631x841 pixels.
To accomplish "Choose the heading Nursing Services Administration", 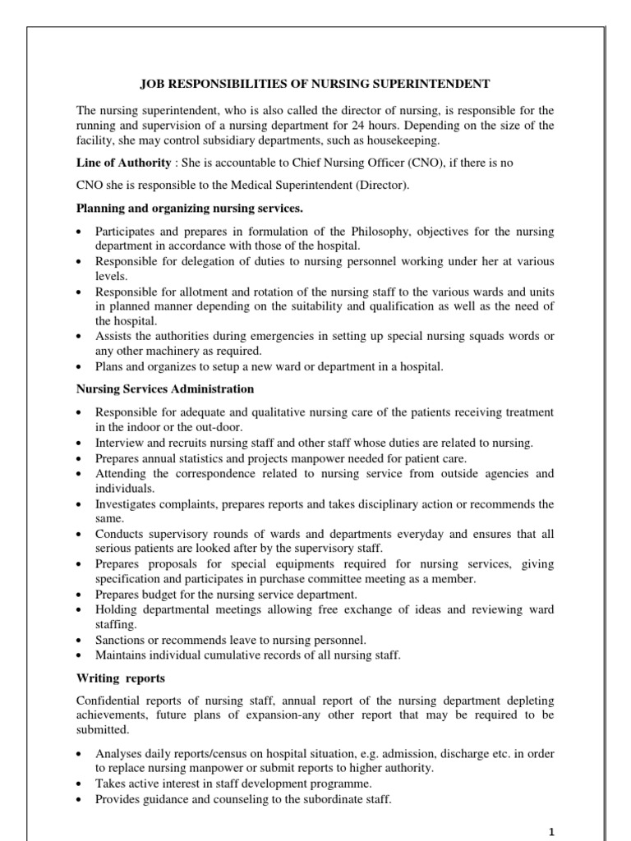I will coord(165,388).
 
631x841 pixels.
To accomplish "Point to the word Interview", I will coord(117,443).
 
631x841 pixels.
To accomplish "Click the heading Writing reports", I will coord(120,678).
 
